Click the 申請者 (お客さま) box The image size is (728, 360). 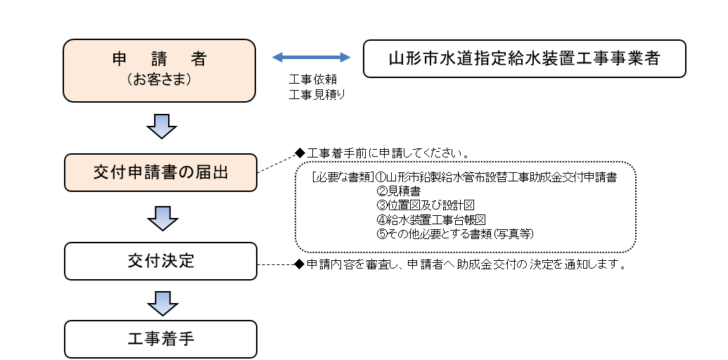tap(159, 70)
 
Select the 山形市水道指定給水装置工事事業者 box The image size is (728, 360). tap(524, 58)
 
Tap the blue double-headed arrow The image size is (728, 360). tap(311, 57)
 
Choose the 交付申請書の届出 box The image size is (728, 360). tap(160, 172)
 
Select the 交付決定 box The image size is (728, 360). tap(160, 261)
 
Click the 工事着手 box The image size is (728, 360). tap(160, 339)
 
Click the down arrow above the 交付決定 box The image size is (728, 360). tap(162, 218)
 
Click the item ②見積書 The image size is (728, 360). tap(395, 191)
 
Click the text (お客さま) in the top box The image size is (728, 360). tap(160, 79)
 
